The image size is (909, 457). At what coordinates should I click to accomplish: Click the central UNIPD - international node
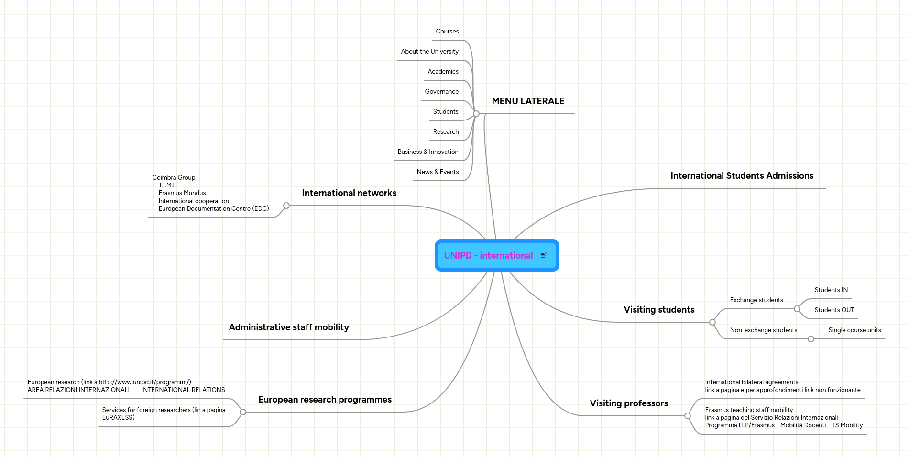[x=488, y=256]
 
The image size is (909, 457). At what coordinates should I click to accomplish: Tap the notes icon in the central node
[x=544, y=255]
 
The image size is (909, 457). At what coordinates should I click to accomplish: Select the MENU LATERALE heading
[x=528, y=101]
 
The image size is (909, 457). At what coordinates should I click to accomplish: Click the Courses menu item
[x=447, y=32]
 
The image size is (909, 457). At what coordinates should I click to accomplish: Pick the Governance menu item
[x=441, y=92]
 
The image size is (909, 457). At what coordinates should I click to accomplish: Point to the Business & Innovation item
[x=427, y=152]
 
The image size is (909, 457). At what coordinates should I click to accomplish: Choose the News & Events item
[x=438, y=172]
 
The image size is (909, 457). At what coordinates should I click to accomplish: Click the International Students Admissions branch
[x=742, y=176]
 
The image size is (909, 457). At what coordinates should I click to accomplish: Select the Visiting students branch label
[x=659, y=310]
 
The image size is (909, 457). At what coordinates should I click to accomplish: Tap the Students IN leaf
[x=831, y=290]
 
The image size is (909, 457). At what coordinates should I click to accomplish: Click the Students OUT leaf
[x=834, y=310]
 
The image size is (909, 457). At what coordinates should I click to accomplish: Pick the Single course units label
[x=854, y=330]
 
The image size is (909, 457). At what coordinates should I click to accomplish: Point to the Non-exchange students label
[x=763, y=330]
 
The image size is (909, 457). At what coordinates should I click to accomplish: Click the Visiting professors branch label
[x=629, y=403]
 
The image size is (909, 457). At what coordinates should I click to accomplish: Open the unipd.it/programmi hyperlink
[x=145, y=382]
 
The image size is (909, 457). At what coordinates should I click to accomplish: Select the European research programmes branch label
[x=325, y=400]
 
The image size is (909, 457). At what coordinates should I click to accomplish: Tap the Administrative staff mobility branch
[x=289, y=327]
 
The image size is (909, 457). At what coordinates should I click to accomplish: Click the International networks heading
[x=349, y=193]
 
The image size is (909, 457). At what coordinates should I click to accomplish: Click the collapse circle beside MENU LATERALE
[x=476, y=114]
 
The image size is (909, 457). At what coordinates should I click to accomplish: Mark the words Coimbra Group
[x=174, y=178]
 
